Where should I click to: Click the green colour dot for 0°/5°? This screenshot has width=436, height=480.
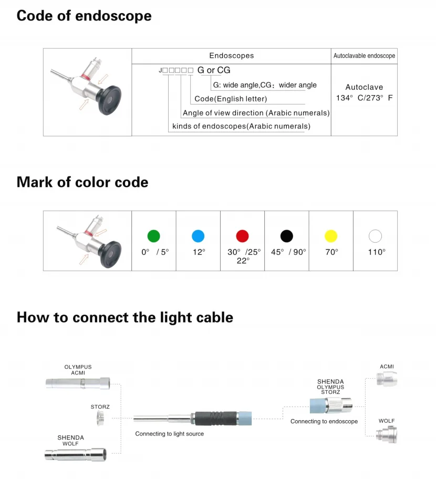click(x=154, y=236)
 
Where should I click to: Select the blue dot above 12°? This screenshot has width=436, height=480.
click(x=198, y=236)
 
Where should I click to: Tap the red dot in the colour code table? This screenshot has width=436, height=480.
click(x=242, y=236)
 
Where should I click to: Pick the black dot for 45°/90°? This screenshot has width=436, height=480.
click(x=287, y=236)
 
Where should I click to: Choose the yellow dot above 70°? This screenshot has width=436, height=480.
click(x=331, y=236)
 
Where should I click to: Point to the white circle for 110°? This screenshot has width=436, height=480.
click(x=376, y=236)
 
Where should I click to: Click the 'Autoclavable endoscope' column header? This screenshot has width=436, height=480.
click(x=364, y=56)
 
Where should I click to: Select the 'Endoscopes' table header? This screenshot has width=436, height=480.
click(x=232, y=56)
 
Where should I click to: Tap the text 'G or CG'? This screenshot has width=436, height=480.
click(x=214, y=70)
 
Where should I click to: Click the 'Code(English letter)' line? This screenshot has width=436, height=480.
click(x=231, y=99)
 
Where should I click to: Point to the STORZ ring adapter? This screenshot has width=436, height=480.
click(x=100, y=418)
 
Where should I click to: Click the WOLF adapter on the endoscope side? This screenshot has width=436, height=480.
click(x=387, y=435)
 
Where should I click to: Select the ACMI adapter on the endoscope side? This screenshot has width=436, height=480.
click(x=387, y=379)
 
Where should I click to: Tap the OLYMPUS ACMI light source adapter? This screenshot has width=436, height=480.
click(x=78, y=383)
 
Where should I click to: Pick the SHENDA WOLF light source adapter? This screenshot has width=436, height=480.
click(x=76, y=455)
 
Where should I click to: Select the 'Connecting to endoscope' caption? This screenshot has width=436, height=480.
click(x=324, y=421)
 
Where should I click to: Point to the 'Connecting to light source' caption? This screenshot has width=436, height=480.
click(x=169, y=434)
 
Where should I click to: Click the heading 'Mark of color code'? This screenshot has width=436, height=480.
click(x=82, y=182)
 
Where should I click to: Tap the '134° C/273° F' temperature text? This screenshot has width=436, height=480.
click(x=364, y=98)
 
